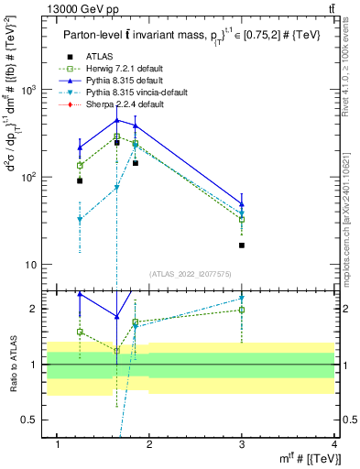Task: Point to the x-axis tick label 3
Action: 242,443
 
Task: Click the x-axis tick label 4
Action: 334,443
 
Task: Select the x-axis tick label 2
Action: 150,443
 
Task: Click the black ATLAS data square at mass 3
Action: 242,245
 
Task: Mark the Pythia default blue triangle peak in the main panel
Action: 116,120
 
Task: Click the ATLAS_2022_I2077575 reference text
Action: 190,274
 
